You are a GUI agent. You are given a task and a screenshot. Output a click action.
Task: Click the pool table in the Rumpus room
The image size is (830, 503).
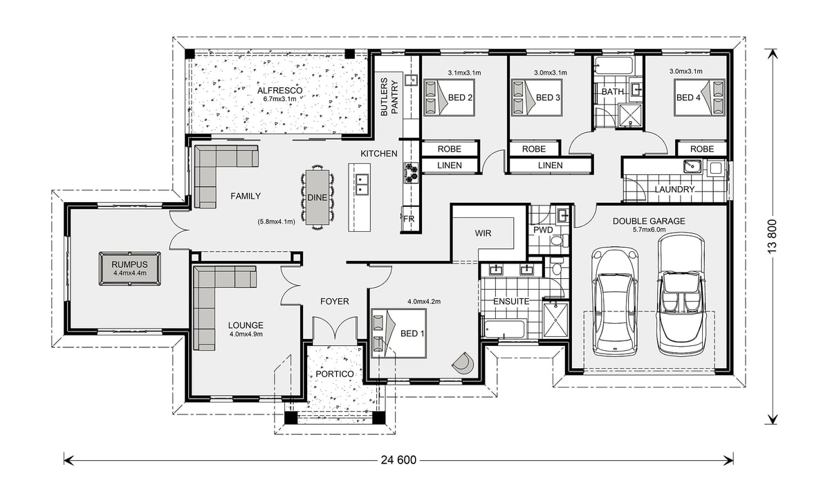click(x=130, y=268)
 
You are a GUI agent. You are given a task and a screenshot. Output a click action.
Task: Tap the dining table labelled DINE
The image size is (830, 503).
click(x=317, y=197)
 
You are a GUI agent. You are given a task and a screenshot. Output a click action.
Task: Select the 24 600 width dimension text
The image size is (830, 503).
click(x=398, y=460)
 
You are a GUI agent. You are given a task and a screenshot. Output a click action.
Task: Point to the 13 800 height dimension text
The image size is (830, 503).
click(x=772, y=237)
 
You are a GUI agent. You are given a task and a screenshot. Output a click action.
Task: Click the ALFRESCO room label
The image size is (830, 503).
click(x=279, y=91)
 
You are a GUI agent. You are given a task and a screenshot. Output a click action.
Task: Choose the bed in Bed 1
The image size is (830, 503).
click(x=398, y=333)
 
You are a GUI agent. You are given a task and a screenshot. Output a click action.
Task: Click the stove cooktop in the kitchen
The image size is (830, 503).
click(x=411, y=173)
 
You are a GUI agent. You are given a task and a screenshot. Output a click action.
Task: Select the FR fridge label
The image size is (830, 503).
click(x=409, y=219)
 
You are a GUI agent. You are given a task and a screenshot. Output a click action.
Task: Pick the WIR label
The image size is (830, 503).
click(x=483, y=233)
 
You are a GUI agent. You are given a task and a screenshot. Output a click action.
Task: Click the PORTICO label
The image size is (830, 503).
click(x=335, y=374)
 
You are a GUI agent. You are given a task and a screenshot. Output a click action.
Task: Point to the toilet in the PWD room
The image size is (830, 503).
click(x=560, y=241)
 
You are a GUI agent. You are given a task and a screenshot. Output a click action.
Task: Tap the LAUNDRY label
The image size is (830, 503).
click(x=674, y=190)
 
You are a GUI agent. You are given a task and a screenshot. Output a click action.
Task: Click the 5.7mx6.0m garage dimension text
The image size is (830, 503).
click(x=649, y=230)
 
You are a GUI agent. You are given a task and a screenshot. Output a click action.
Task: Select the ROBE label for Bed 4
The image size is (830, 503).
click(x=702, y=149)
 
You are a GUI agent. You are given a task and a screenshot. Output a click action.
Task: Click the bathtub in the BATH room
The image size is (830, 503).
click(x=614, y=66)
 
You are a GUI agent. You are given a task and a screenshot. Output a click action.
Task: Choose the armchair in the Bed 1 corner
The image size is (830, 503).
click(x=463, y=363)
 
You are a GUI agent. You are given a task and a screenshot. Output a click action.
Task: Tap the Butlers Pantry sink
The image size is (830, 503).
click(x=411, y=80)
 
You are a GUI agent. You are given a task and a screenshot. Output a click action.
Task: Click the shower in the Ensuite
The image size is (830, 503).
click(x=555, y=320)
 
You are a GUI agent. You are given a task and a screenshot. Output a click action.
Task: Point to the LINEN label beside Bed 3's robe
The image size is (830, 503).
click(x=551, y=165)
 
